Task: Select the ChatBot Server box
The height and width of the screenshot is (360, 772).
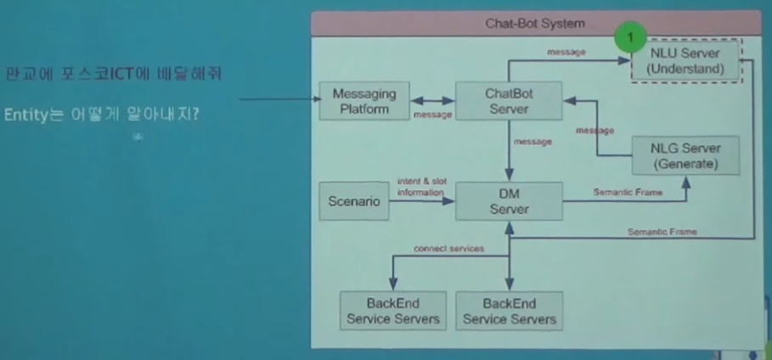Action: pos(509,100)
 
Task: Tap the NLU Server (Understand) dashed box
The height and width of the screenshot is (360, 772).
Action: pos(685,60)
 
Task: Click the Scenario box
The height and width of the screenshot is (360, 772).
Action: pos(354,201)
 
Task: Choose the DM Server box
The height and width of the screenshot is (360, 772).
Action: pos(509,201)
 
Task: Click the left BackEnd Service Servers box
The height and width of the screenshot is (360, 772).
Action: pos(392,311)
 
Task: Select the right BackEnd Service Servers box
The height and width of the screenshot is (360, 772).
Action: pos(509,311)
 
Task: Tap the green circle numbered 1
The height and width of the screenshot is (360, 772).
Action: pos(630,38)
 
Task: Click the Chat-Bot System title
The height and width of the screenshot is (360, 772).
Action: pos(535,24)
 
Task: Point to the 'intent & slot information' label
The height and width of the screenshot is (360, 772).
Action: pos(420,187)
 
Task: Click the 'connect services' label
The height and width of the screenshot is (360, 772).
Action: pos(448,249)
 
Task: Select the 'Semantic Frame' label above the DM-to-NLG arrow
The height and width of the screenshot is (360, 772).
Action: pos(628,193)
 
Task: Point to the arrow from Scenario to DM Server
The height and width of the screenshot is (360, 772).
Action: pos(422,201)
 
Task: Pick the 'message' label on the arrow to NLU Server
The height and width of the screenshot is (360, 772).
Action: pos(566,53)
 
